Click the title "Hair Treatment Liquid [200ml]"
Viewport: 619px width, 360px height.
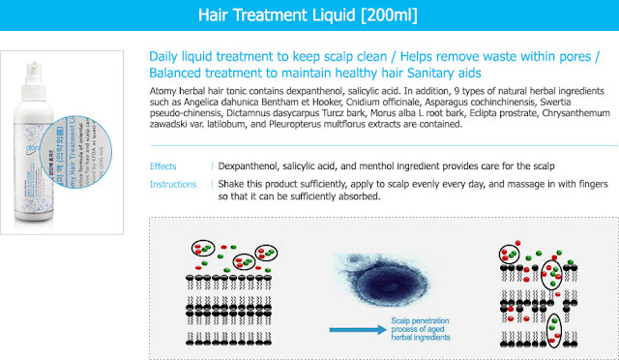point(309,16)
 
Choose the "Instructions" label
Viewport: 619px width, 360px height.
point(174,182)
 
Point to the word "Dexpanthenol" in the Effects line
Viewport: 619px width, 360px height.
point(250,166)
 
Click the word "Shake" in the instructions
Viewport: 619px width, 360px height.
point(233,182)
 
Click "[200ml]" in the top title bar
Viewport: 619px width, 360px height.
point(383,16)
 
